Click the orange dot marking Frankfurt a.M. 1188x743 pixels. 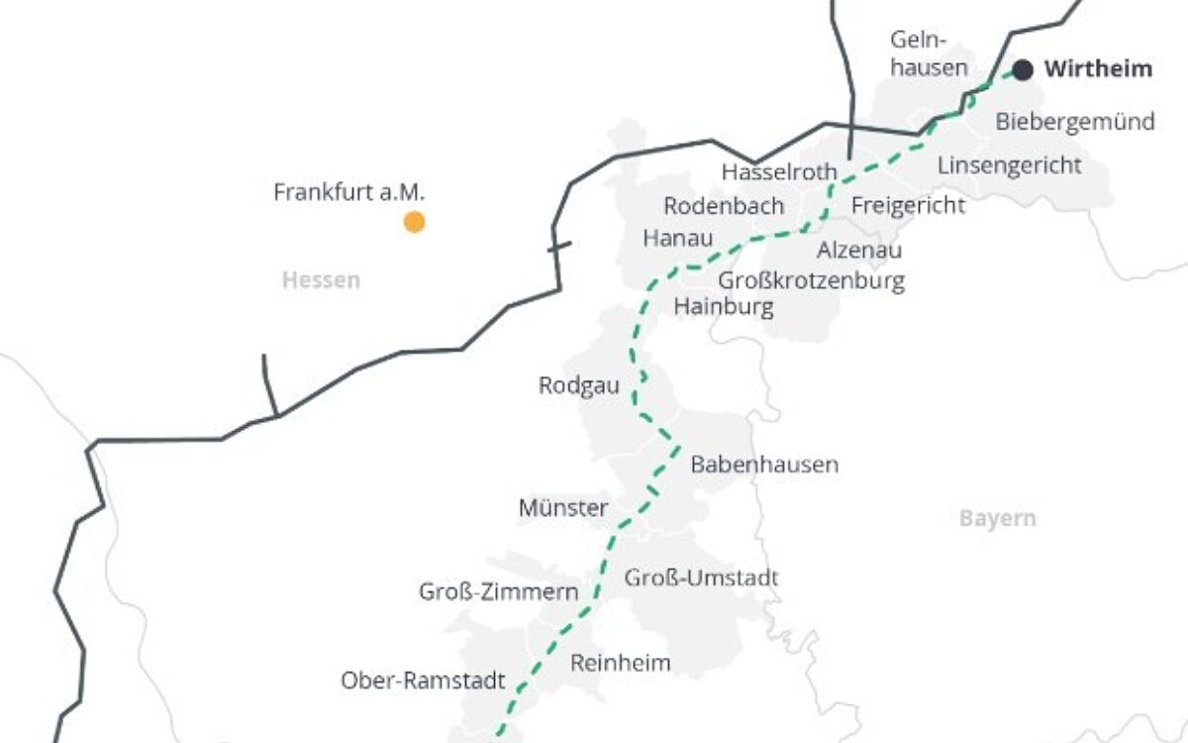coord(415,223)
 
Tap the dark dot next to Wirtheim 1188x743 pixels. coord(1023,70)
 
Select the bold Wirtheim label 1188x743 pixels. coord(1098,69)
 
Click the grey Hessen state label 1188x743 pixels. coord(321,280)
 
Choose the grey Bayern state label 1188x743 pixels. coord(997,518)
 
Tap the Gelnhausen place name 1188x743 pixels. coord(928,54)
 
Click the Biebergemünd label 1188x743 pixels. coord(1074,122)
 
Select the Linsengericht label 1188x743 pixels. coord(1009,164)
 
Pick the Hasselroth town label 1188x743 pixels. coord(779,171)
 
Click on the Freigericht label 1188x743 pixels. coord(908,206)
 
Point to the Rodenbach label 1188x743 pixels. coord(724,206)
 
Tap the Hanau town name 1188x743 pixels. coord(677,239)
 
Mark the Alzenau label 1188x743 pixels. coord(859,251)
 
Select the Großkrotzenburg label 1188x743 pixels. coord(811,280)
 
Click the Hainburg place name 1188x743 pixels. coord(724,307)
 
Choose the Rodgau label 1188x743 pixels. coord(579,385)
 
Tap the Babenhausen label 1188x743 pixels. coord(764,464)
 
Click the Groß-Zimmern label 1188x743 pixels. coord(499,592)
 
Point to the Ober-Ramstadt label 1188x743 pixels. coord(423,682)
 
